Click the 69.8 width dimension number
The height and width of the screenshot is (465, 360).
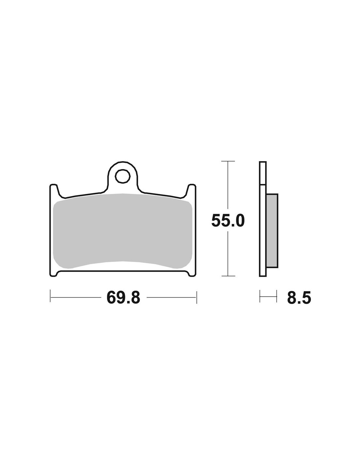(123, 298)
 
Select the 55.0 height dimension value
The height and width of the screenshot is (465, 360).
(228, 221)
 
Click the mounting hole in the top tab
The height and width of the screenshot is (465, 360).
(122, 176)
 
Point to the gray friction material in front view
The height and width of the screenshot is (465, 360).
(122, 231)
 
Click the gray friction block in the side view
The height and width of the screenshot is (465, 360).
(272, 231)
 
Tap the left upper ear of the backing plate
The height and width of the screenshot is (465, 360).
(54, 191)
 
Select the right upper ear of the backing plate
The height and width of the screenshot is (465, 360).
(191, 191)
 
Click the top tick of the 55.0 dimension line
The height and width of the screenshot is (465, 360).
(228, 161)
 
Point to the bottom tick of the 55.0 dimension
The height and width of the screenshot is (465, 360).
(228, 276)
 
